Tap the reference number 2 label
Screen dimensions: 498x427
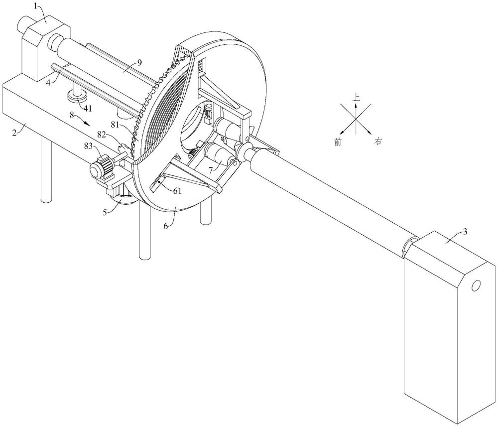[14, 133]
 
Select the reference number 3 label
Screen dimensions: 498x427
[465, 232]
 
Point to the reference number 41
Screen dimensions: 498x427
[87, 108]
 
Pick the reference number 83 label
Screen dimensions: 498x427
[89, 146]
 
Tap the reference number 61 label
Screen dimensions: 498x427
[177, 191]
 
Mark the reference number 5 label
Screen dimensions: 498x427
[105, 212]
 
